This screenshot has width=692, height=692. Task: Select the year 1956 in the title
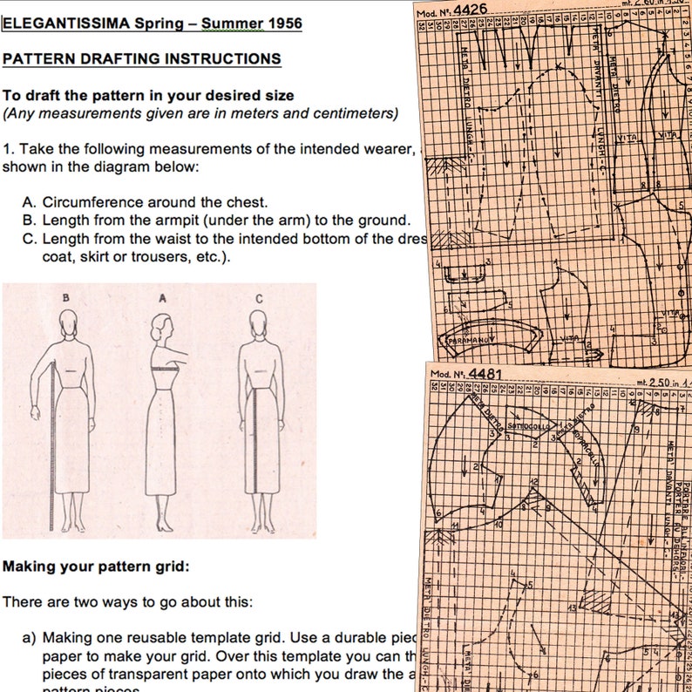pyautogui.click(x=282, y=24)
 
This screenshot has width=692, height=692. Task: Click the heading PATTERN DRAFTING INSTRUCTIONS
pyautogui.click(x=141, y=58)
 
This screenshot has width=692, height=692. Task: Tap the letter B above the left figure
pyautogui.click(x=66, y=297)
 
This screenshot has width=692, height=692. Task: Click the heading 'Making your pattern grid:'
pyautogui.click(x=95, y=566)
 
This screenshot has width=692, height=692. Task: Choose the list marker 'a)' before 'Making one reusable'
pyautogui.click(x=30, y=637)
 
